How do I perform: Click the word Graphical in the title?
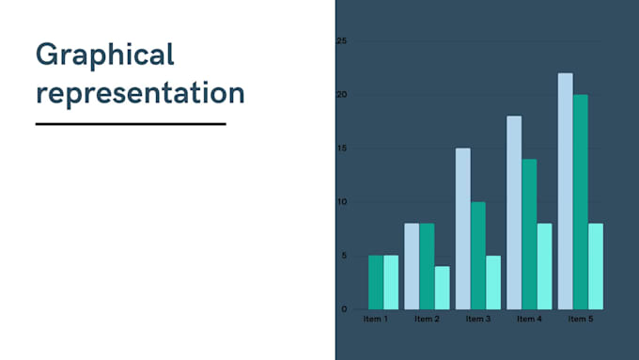click(x=105, y=55)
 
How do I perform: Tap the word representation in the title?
click(x=140, y=94)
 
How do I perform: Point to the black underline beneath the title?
click(x=131, y=123)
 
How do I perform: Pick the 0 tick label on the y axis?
click(x=344, y=309)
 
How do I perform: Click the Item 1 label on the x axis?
click(x=375, y=320)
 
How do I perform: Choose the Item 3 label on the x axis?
click(x=477, y=320)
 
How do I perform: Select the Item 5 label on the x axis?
click(x=580, y=320)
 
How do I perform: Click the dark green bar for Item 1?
click(x=375, y=282)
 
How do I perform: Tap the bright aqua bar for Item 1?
click(x=391, y=282)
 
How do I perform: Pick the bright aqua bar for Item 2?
click(x=442, y=288)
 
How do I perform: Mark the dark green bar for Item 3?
click(x=477, y=256)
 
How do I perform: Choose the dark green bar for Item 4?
click(x=529, y=234)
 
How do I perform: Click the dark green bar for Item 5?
click(x=580, y=202)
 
